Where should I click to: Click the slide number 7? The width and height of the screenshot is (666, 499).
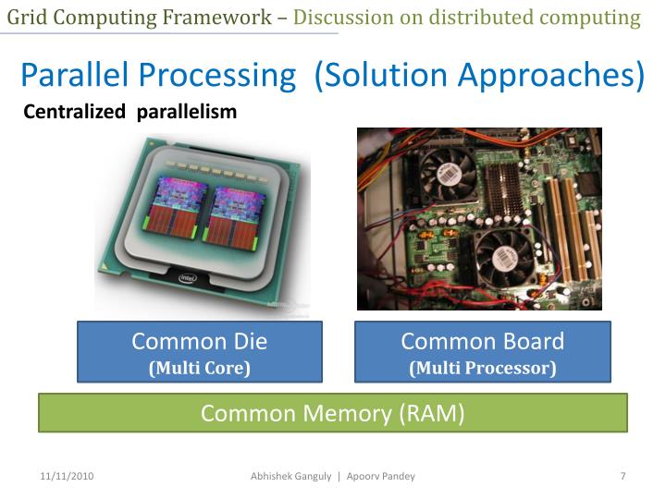[623, 476]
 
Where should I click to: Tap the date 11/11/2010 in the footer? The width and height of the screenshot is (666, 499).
[68, 476]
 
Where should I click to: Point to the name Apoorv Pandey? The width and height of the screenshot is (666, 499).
[381, 476]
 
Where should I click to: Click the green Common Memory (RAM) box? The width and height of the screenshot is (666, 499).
[332, 413]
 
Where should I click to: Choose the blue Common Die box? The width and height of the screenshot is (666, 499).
[199, 351]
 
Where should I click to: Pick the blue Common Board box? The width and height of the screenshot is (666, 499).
[482, 351]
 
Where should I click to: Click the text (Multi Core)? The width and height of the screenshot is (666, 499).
[200, 368]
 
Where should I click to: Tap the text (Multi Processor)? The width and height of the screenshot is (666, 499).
[483, 368]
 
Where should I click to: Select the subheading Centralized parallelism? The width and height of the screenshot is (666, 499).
[129, 113]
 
